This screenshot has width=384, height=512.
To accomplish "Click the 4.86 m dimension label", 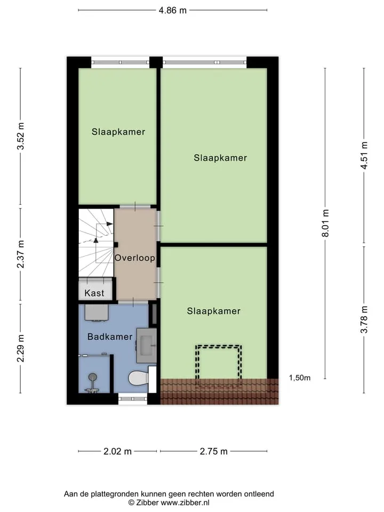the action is tap(172, 11).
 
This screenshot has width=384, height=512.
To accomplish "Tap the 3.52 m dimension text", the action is tap(21, 136).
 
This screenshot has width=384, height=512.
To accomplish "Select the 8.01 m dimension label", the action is tap(325, 223).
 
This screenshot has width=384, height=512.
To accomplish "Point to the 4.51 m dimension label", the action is tap(364, 155).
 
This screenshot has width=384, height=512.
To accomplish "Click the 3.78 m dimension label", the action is tap(364, 319).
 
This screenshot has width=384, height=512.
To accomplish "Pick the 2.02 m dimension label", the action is tap(117, 451).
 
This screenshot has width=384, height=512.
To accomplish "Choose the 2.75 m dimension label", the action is tap(213, 451).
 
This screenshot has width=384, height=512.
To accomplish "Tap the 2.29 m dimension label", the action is tap(21, 348).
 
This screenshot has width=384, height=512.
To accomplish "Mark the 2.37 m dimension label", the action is tap(21, 254).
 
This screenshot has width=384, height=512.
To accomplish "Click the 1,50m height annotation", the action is tap(300, 378).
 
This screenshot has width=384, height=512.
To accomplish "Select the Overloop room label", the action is tap(135, 258).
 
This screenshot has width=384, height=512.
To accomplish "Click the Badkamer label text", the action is tap(110, 337).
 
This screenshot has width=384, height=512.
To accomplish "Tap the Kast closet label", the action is tap(94, 293).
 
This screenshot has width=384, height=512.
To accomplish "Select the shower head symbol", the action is tap(93, 378).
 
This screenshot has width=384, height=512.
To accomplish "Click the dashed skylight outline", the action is tap(219, 364).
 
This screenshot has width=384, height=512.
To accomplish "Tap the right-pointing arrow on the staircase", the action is tap(109, 224).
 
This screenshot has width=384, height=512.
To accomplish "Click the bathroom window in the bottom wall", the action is tap(133, 399).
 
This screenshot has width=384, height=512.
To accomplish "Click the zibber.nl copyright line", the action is tap(169, 502).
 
